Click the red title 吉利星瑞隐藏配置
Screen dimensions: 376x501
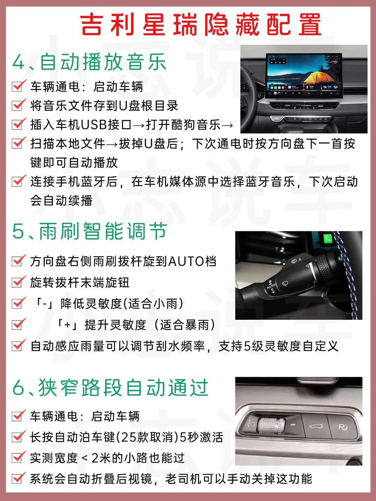(201, 25)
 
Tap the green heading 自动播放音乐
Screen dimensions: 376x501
(103, 62)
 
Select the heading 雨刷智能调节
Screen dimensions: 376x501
(103, 231)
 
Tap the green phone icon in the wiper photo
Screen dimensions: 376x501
(328, 239)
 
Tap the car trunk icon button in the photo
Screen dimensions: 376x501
(316, 426)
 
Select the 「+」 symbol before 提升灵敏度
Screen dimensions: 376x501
(67, 325)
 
